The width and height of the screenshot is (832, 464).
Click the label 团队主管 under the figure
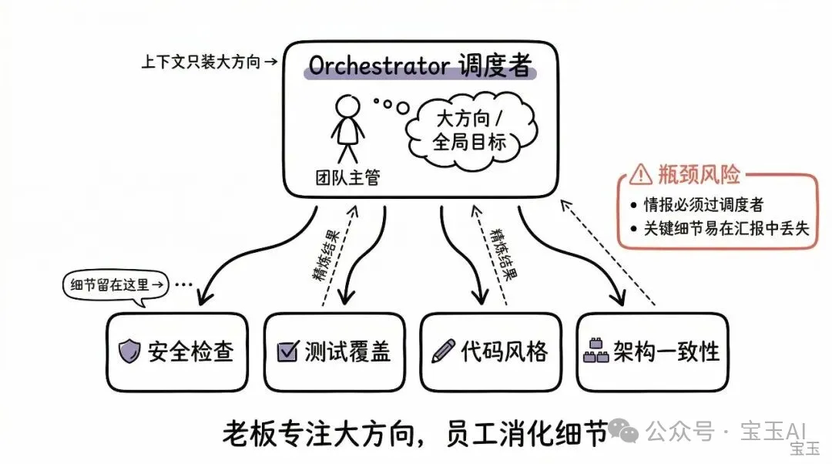tap(349, 178)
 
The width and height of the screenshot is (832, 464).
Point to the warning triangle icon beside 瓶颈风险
tap(640, 176)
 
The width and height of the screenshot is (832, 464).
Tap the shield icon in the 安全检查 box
tap(129, 352)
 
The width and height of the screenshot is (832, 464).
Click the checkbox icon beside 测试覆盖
tap(287, 352)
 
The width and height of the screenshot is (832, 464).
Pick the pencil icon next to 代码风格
tap(443, 351)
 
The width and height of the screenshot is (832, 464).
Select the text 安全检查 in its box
tap(190, 352)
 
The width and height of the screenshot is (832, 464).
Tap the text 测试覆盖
tap(347, 352)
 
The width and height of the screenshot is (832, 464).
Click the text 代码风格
tap(504, 352)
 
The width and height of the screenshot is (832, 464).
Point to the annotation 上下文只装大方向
tap(203, 62)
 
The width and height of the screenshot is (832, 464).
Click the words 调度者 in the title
tap(500, 66)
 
